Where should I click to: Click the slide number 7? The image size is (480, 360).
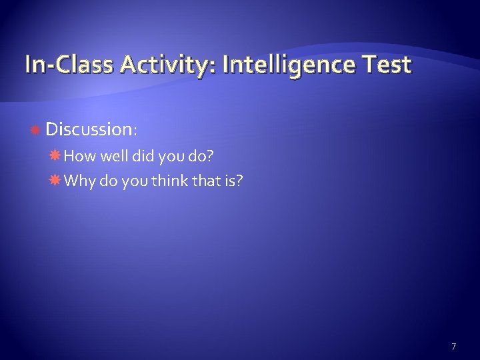tap(454, 346)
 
